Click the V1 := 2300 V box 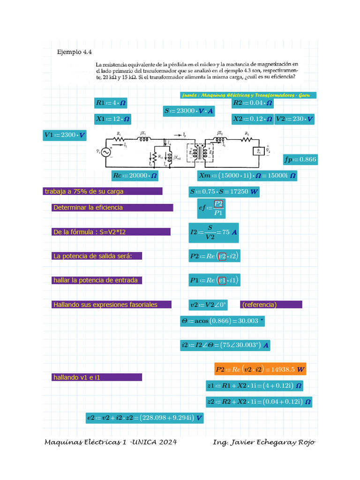[65, 135]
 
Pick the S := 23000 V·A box [189, 111]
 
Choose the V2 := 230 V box [294, 119]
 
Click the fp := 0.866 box [300, 159]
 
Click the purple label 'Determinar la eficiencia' [112, 208]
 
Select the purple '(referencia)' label [271, 305]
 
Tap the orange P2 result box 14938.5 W [260, 369]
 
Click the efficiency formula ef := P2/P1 [211, 208]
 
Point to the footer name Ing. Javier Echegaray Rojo [264, 442]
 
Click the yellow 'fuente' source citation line [248, 95]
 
